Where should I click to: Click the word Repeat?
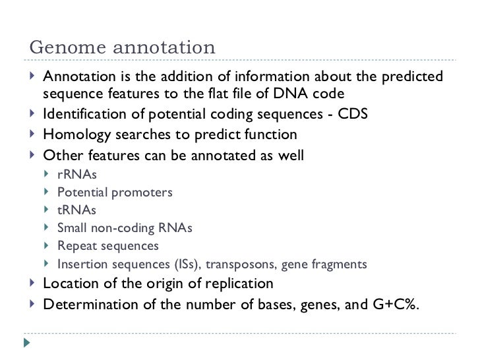[x=76, y=247]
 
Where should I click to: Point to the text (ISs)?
[x=189, y=265]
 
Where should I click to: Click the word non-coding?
[x=122, y=229]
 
